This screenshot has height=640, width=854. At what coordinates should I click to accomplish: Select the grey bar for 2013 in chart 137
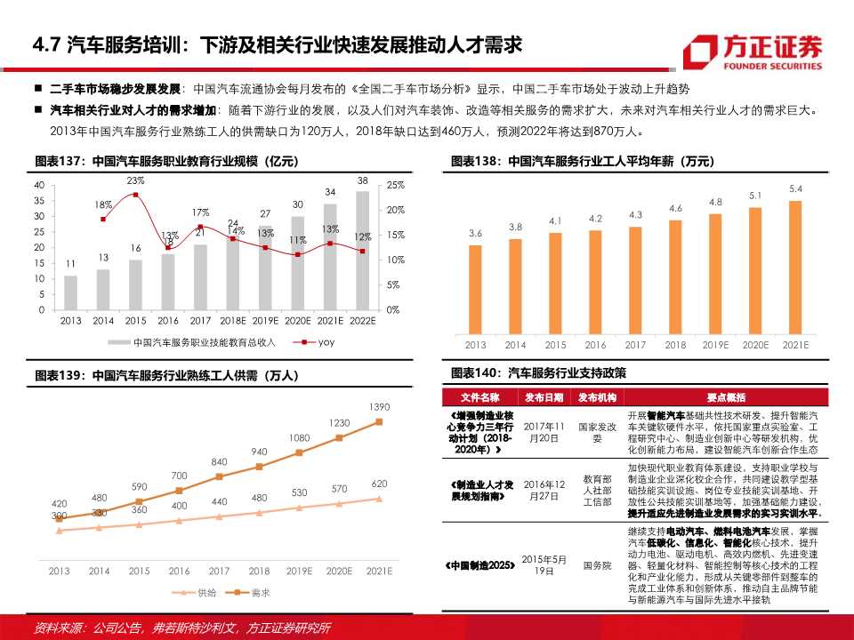pos(70,292)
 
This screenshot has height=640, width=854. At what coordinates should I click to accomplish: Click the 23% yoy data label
pos(135,180)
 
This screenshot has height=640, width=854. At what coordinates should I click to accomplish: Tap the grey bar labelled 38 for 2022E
pos(362,250)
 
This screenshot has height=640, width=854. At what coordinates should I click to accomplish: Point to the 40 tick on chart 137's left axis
pos(38,184)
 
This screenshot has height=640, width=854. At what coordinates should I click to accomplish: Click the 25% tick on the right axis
pos(396,184)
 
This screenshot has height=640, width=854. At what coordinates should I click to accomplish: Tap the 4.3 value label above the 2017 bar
pos(635,214)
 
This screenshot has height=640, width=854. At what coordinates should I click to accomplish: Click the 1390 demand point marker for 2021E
pos(380,420)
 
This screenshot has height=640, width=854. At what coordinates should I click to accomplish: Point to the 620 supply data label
pos(380,484)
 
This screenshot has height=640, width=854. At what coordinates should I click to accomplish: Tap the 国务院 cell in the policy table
pos(597,564)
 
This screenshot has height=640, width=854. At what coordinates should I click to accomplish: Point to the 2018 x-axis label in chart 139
pos(259,571)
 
